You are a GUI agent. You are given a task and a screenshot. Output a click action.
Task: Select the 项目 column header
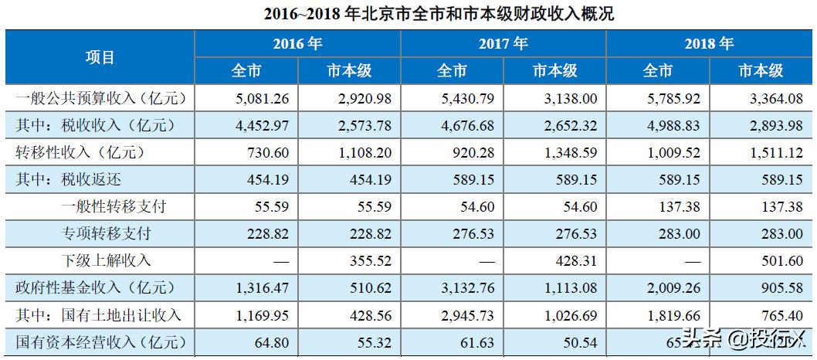[100, 57]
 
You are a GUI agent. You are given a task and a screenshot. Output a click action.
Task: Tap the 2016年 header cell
[297, 43]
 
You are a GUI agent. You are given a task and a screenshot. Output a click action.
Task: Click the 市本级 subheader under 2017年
[554, 71]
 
